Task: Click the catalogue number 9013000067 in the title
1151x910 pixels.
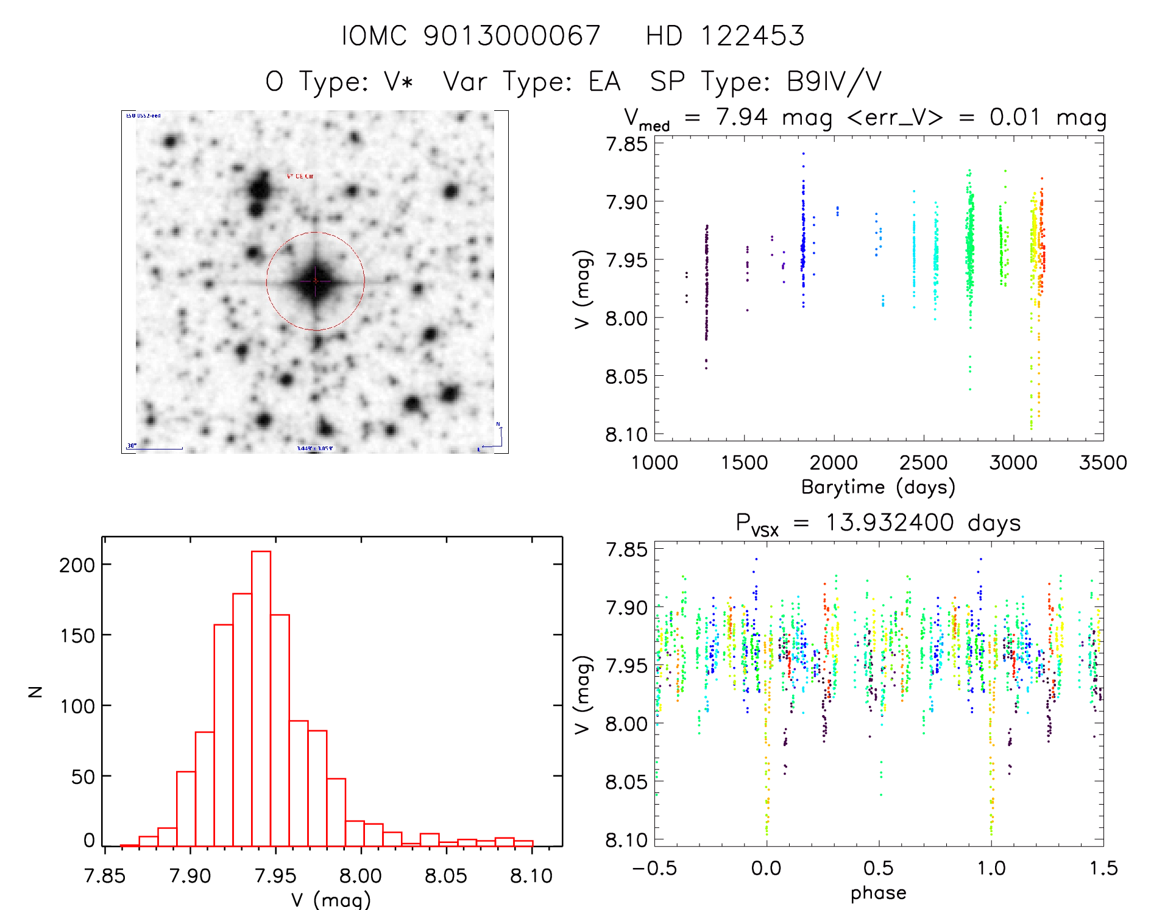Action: [x=512, y=35]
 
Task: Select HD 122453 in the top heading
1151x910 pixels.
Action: [x=725, y=35]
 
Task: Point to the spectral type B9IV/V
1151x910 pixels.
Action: [x=834, y=81]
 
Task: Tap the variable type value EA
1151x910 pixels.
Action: [x=604, y=81]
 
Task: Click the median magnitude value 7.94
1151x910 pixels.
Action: [x=742, y=117]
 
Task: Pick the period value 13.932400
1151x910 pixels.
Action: [x=889, y=523]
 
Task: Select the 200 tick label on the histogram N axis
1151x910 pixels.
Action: [x=77, y=565]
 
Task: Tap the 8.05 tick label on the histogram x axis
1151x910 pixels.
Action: [x=445, y=876]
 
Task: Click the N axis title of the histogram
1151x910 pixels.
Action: [x=35, y=691]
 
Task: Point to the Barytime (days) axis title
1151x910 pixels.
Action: [x=878, y=487]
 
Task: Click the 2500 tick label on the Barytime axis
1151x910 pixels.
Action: [x=923, y=462]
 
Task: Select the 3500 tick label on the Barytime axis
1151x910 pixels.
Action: [x=1102, y=462]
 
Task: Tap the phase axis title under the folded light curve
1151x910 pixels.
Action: [x=878, y=893]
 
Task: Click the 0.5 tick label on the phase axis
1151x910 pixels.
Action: [x=878, y=868]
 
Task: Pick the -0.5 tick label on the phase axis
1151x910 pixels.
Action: [x=654, y=868]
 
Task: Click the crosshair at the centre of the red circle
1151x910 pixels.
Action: [x=315, y=281]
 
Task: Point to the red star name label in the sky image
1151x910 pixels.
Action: [x=300, y=176]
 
